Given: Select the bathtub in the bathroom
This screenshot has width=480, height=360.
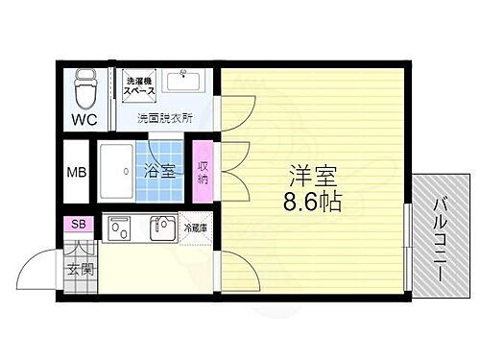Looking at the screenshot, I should [121, 171].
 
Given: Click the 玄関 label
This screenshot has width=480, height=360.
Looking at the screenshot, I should [80, 270].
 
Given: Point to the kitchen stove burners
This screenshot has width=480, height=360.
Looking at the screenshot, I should [121, 228].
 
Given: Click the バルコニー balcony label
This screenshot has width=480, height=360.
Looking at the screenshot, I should [443, 238].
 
